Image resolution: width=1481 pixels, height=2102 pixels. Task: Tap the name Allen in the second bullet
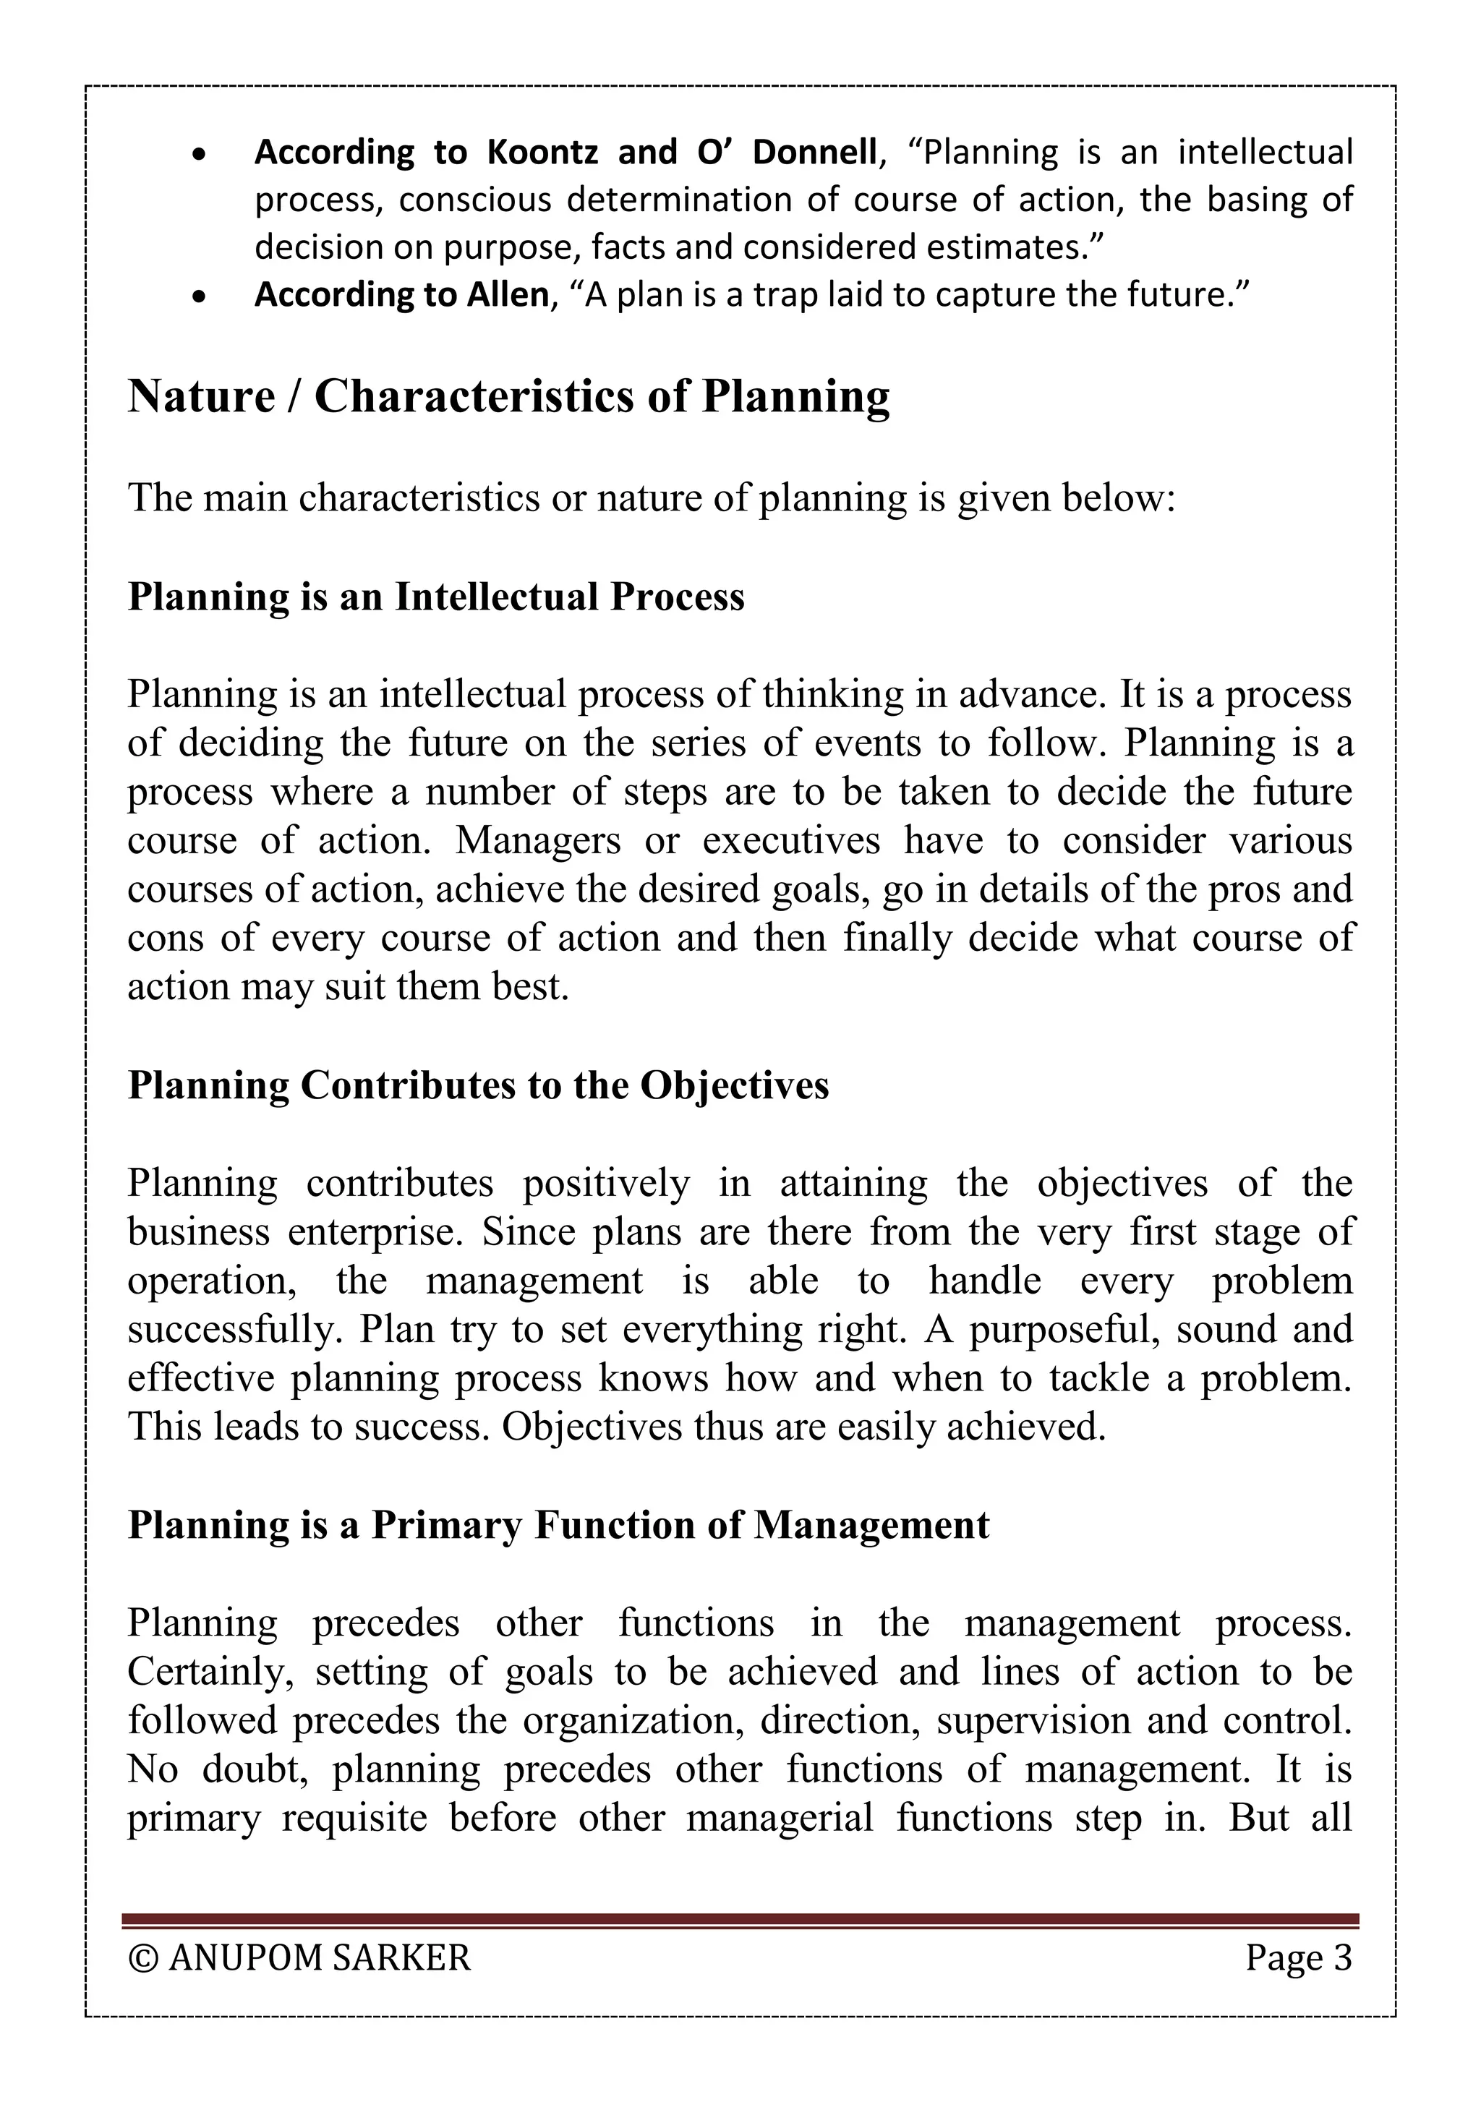coord(507,295)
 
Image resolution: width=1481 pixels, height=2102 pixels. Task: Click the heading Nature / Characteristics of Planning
coord(508,396)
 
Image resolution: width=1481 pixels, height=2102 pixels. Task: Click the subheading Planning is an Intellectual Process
coord(436,597)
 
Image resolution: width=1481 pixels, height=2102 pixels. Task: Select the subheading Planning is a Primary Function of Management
coord(558,1525)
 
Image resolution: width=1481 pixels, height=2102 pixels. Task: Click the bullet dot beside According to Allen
coord(200,296)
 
